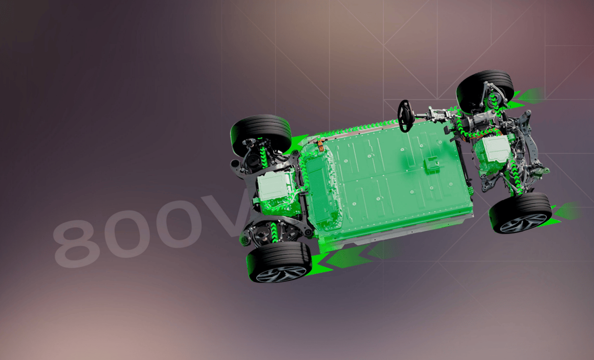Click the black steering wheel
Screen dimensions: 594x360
tap(405, 116)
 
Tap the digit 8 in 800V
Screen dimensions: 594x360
tap(76, 243)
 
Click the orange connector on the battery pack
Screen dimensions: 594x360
tap(320, 145)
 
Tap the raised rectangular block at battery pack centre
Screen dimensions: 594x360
tap(431, 165)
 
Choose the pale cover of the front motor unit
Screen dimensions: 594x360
tap(496, 149)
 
